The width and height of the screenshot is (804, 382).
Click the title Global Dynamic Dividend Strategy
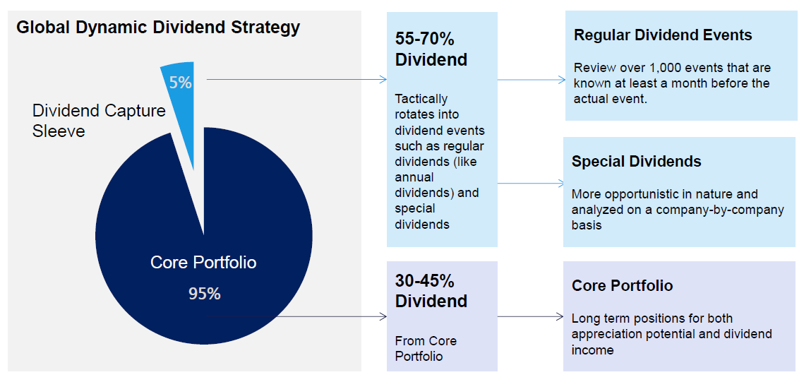pos(158,28)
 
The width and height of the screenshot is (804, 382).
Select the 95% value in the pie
pos(204,294)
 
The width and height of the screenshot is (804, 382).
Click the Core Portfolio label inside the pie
pos(203,263)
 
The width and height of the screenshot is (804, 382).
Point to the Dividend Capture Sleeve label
pos(99,121)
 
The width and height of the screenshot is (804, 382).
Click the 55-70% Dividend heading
pos(431,49)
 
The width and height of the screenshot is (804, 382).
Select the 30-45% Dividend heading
pos(431,291)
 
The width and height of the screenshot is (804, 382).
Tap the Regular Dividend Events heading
pos(663,35)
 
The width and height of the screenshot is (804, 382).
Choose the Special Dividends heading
pos(636,162)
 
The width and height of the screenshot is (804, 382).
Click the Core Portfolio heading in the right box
pos(622,286)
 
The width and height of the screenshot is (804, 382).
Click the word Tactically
pos(421,99)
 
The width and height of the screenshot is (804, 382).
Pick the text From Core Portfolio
pos(426,348)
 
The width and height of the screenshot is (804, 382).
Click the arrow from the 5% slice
pos(296,80)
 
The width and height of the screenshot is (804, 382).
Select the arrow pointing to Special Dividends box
pos(531,184)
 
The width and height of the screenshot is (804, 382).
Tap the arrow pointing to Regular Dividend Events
pos(531,80)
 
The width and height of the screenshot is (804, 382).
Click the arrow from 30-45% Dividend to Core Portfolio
pos(531,318)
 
